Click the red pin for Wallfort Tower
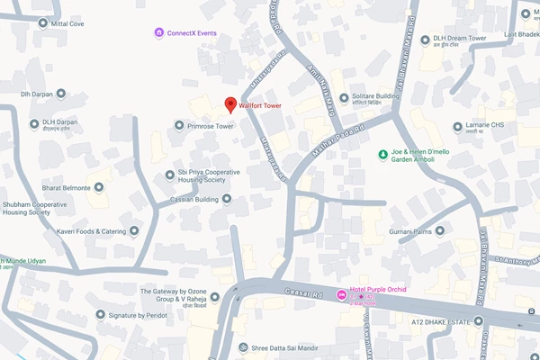230,104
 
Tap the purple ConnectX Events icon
159,33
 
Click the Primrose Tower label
211,126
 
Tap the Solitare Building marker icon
343,96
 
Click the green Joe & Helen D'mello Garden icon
382,154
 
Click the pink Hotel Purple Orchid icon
340,295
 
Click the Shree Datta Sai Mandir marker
241,347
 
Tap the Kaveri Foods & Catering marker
134,231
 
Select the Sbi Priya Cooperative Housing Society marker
169,175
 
